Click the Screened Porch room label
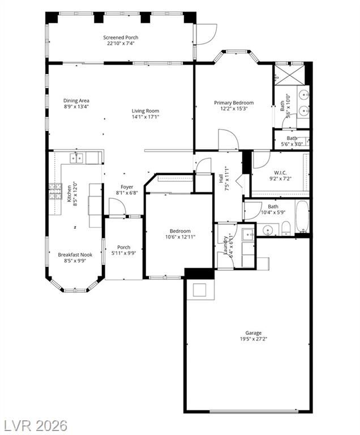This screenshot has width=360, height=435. coord(121,37)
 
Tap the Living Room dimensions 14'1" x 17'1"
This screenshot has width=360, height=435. coord(145,117)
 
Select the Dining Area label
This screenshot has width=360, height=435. coord(76,101)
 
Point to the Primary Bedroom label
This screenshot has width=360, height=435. coord(234,103)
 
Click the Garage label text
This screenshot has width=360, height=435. coord(253,333)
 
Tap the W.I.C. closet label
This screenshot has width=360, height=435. coord(280,173)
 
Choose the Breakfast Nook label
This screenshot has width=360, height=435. coord(75,255)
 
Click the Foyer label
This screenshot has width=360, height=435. coord(127,187)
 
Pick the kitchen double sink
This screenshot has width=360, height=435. coord(76,158)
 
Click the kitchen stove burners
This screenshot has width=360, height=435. coord(55,191)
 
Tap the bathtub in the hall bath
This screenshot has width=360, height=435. coord(302,217)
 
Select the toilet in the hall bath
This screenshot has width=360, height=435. coord(286,229)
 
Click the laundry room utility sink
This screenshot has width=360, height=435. coord(248,235)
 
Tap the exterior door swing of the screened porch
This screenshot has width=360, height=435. coord(207,34)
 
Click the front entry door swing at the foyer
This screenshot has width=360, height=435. coord(117,207)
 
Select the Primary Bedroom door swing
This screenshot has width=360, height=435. coord(228,140)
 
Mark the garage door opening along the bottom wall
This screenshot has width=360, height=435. coord(254,411)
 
